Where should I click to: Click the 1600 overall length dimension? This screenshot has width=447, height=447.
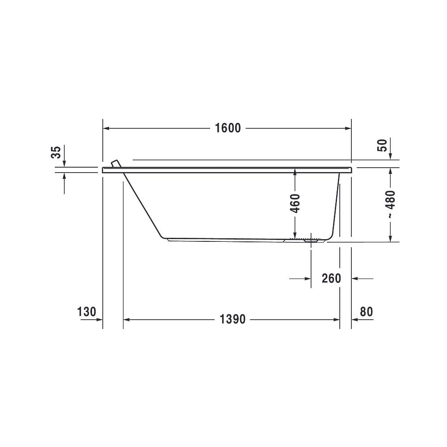pos(228,128)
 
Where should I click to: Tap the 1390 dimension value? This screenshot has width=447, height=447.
pos(232,319)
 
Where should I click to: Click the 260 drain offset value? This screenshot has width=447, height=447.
pos(331,278)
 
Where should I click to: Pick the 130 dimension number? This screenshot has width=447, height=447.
pos(87,312)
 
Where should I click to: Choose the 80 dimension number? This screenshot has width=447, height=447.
pos(367,312)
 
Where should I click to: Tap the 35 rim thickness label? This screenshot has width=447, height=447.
pos(56,152)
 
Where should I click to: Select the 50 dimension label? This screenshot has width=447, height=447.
pos(383,145)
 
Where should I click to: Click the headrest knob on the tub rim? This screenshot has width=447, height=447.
pos(116,164)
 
